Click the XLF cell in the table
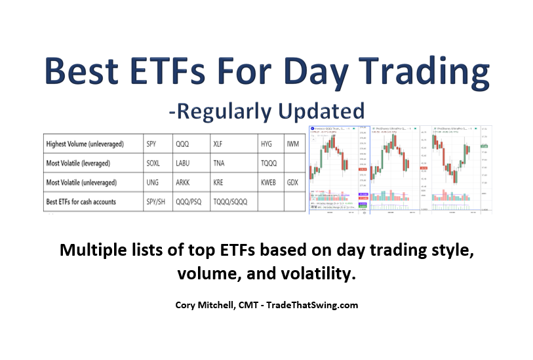[x=220, y=142]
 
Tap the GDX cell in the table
[x=293, y=182]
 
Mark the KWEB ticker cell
[x=270, y=182]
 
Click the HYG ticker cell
[x=268, y=142]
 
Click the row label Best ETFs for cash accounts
[x=81, y=202]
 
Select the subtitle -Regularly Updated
[x=266, y=108]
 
